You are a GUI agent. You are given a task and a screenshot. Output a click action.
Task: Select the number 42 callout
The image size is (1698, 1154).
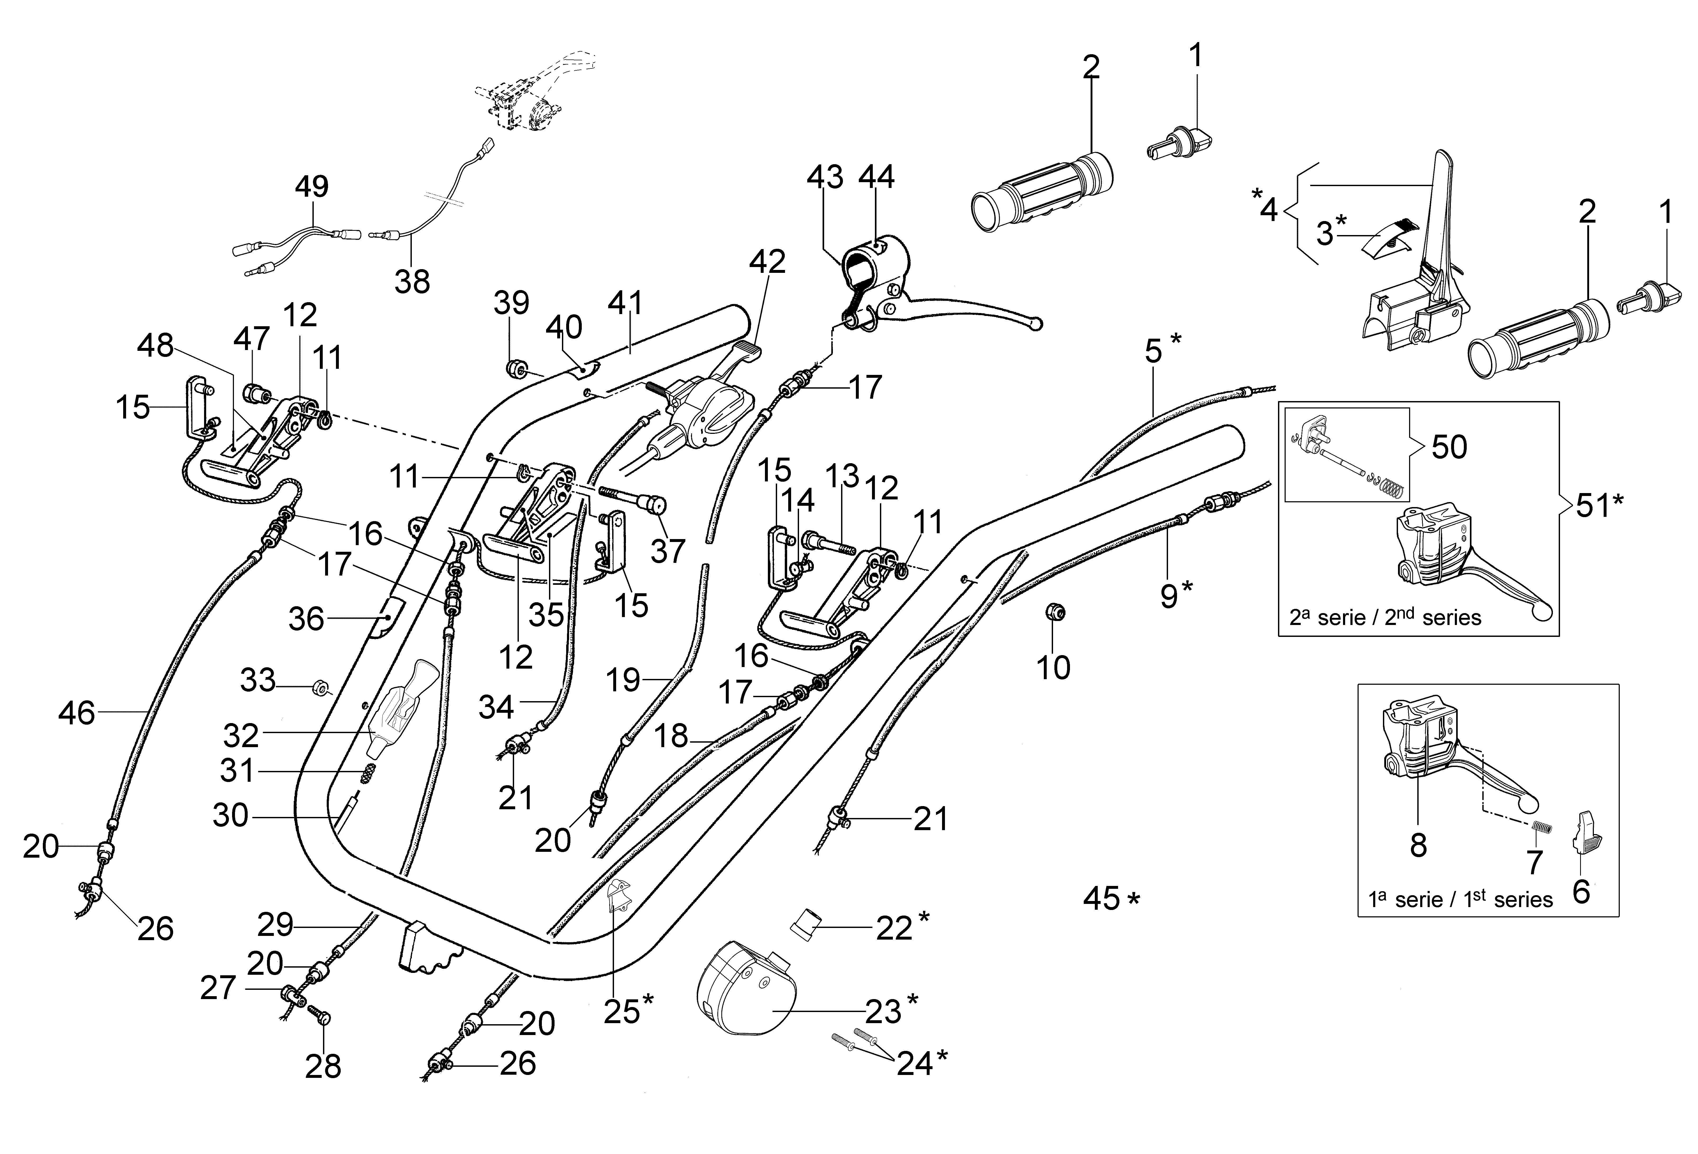pyautogui.click(x=767, y=262)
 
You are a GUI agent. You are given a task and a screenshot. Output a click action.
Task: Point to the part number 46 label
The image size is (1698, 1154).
pyautogui.click(x=77, y=712)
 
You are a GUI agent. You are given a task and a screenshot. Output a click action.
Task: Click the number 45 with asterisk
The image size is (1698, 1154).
pyautogui.click(x=1111, y=898)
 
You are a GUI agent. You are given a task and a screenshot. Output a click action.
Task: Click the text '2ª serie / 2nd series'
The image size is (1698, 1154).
pyautogui.click(x=1385, y=618)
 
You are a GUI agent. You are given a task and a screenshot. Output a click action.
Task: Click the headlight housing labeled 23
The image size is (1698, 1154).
pyautogui.click(x=745, y=990)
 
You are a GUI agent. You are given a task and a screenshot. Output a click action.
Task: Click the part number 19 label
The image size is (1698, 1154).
pyautogui.click(x=623, y=681)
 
